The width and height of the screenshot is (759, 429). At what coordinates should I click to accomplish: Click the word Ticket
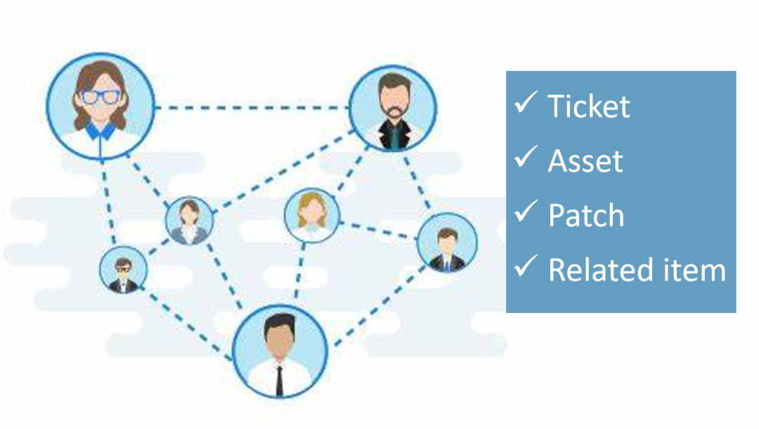click(589, 106)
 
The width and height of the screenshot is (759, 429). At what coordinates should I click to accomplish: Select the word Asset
click(585, 161)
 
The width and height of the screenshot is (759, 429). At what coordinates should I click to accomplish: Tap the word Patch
click(586, 215)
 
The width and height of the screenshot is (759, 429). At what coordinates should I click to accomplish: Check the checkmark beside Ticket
click(526, 102)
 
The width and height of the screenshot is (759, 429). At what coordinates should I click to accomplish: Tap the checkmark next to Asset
click(526, 157)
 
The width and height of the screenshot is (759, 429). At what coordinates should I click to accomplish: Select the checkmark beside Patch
click(526, 211)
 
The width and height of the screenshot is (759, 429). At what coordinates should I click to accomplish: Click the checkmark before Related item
click(526, 266)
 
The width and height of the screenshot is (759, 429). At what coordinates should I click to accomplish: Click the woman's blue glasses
click(100, 97)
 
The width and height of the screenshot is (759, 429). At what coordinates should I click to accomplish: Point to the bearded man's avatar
click(393, 108)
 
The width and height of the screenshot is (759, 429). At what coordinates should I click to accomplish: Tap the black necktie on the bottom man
click(279, 380)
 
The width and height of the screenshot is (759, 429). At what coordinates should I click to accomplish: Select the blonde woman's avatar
click(312, 215)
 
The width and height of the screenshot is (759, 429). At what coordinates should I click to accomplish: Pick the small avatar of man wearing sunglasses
click(123, 270)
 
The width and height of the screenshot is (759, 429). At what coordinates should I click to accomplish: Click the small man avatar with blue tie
click(447, 243)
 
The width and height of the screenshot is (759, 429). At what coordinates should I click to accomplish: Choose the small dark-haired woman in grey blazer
click(189, 220)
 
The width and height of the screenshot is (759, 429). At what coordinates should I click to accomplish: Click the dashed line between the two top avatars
click(252, 108)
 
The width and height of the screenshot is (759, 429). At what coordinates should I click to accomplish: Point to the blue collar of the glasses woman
click(100, 132)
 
